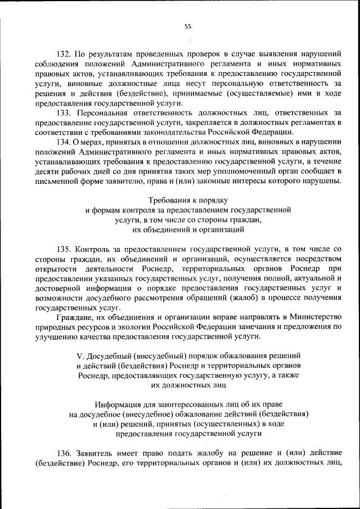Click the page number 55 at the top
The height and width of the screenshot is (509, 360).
pyautogui.click(x=188, y=26)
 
